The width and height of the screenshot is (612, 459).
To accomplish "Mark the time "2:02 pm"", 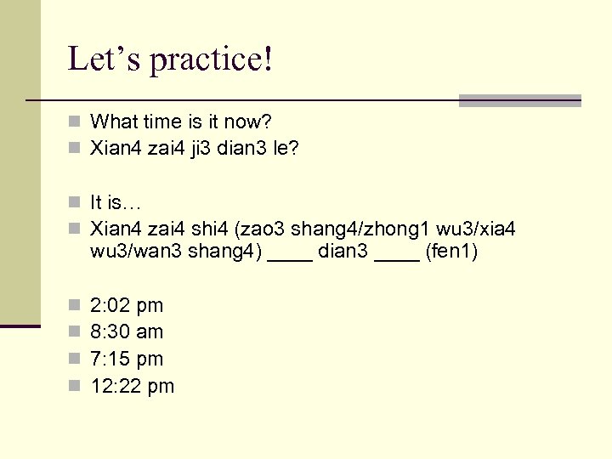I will point(127,305).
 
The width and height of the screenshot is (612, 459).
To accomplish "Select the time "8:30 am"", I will point(127,332).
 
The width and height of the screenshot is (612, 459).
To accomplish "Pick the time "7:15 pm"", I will point(127,360).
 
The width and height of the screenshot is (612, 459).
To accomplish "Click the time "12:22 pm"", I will point(132,387).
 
